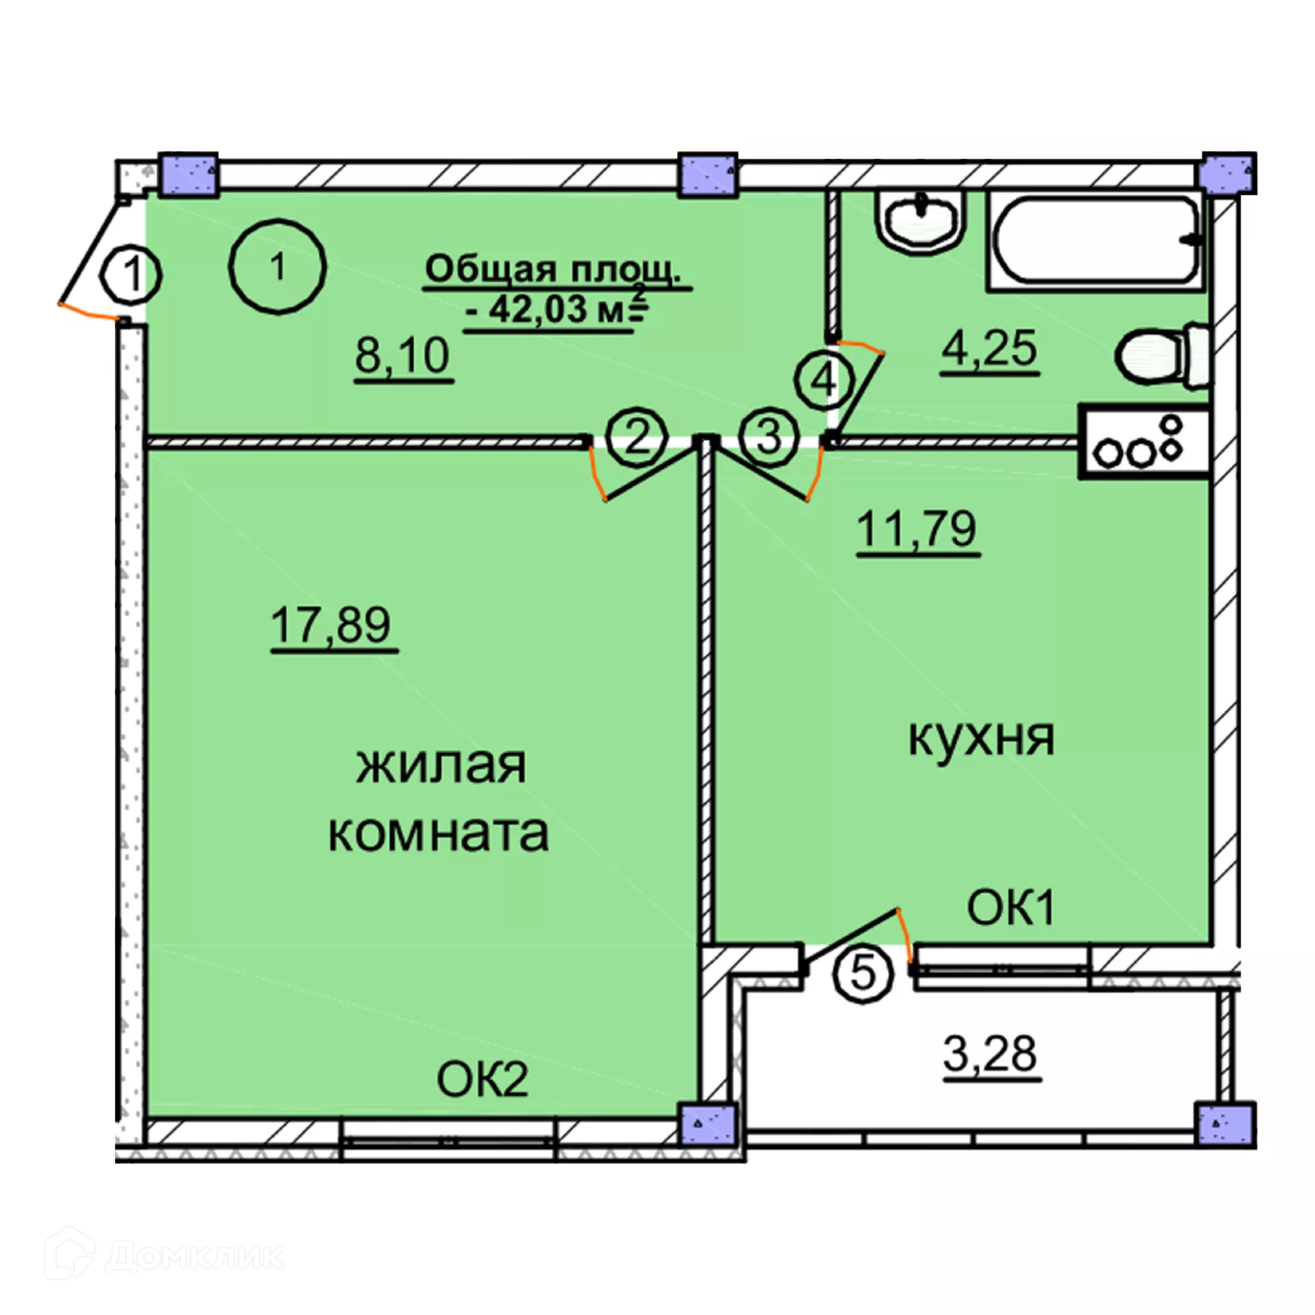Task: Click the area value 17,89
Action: [x=331, y=625]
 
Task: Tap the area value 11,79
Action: [x=916, y=529]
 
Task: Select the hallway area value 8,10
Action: [x=403, y=355]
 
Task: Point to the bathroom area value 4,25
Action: [x=989, y=349]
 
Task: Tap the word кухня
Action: [x=981, y=738]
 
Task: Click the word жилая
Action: [x=441, y=766]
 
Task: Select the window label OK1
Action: [x=1010, y=908]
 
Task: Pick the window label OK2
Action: [x=482, y=1081]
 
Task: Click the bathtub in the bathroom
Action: [x=1096, y=240]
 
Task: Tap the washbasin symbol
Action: [x=925, y=221]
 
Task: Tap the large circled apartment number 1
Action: [x=277, y=266]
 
